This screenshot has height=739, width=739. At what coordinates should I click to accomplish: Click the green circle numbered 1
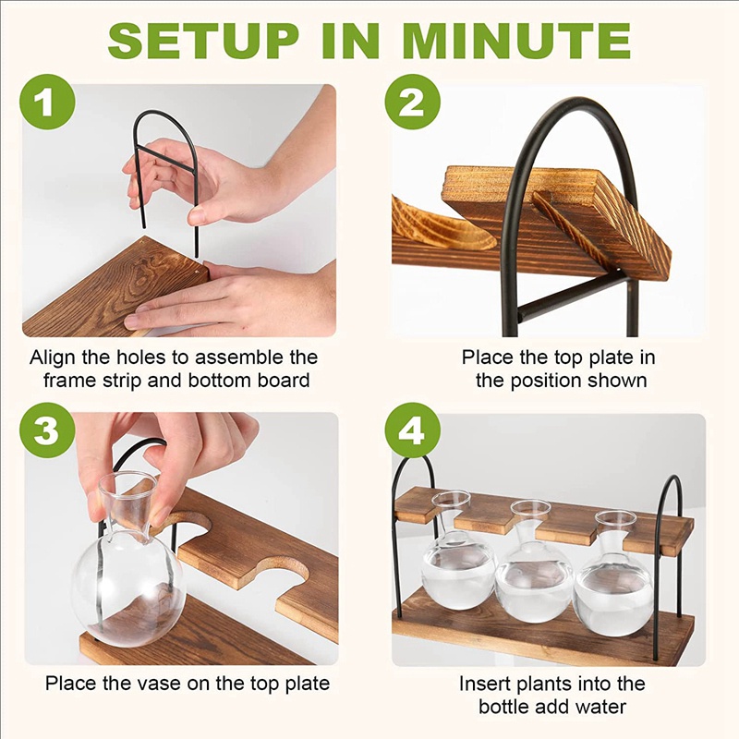click(x=47, y=103)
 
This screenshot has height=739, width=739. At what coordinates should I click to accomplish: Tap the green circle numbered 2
click(x=412, y=103)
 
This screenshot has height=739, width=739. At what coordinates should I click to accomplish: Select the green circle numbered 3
click(x=47, y=430)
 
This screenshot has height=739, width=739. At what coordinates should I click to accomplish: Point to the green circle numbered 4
click(x=412, y=430)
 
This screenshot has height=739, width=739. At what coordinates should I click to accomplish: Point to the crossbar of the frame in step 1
click(x=165, y=158)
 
